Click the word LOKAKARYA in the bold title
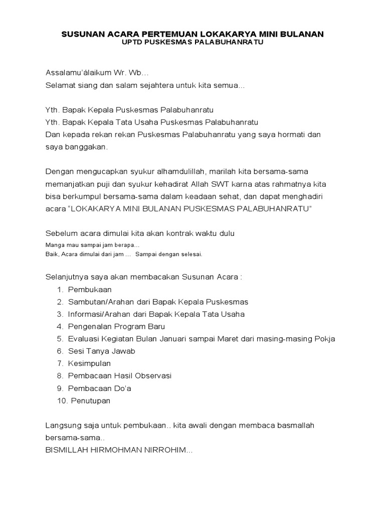(215, 34)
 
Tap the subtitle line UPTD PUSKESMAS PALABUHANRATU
(192, 43)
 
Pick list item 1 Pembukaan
(90, 290)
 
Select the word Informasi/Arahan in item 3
(98, 314)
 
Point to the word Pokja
(324, 339)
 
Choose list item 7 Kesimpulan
(89, 363)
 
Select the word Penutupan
(90, 401)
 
